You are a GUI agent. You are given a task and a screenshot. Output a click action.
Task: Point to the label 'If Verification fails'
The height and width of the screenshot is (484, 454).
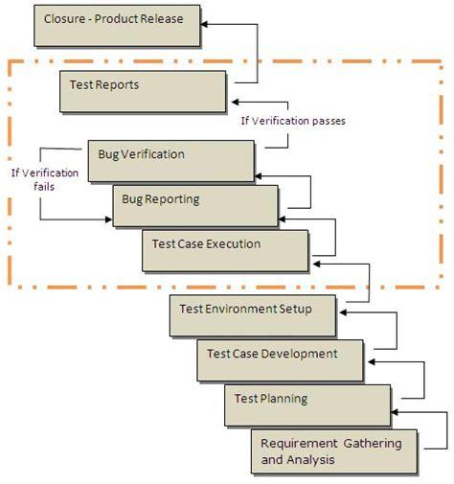click(x=45, y=179)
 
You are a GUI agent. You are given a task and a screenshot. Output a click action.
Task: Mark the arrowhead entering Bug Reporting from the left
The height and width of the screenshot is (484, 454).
click(x=108, y=219)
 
